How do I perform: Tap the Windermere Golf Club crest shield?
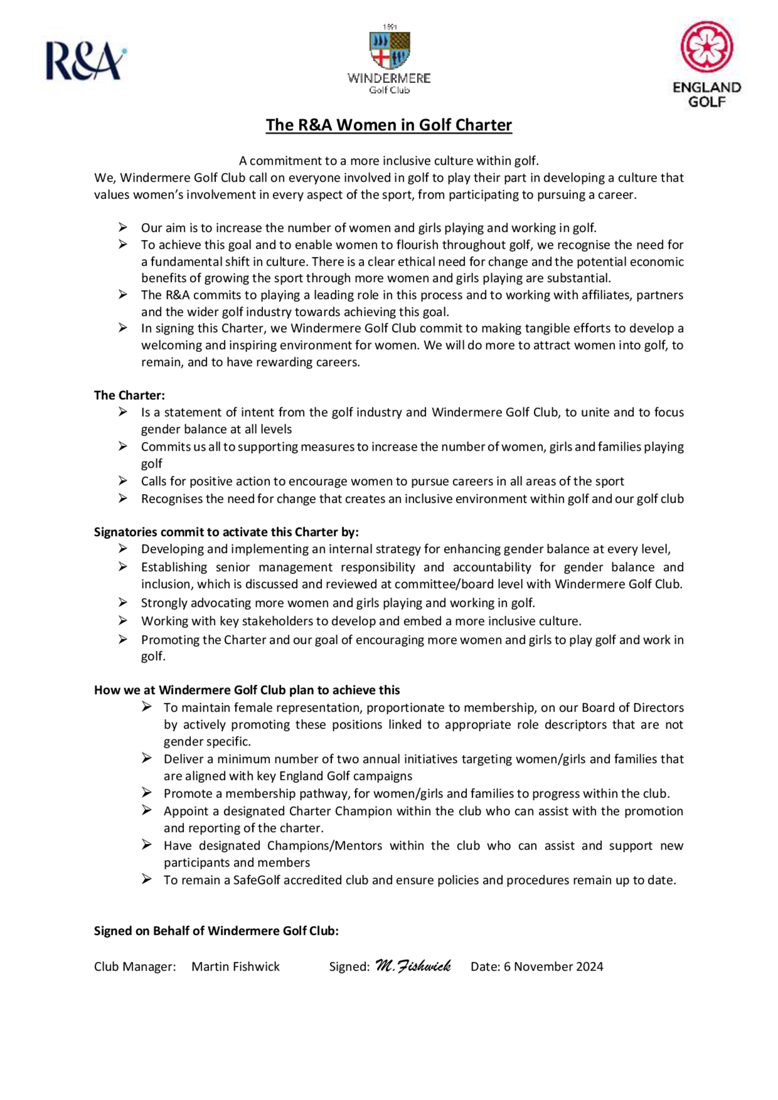389,50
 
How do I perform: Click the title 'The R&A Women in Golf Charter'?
389,125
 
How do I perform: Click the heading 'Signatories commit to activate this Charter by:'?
226,532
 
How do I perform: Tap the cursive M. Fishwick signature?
413,966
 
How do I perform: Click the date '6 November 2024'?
553,967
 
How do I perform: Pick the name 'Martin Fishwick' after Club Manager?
235,967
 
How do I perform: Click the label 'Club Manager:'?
135,967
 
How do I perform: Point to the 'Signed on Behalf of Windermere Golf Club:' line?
216,930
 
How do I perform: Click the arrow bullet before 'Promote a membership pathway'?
146,793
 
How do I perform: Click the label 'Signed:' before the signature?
349,967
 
